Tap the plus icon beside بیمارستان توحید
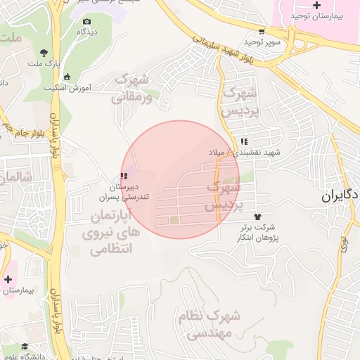(x=316, y=6)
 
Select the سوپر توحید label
(x=262, y=42)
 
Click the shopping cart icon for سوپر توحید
(x=262, y=31)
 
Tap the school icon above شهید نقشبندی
(x=243, y=142)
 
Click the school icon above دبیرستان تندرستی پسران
(x=124, y=176)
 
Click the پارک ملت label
(x=41, y=64)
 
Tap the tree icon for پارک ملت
(x=44, y=53)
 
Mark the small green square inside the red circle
(x=174, y=221)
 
